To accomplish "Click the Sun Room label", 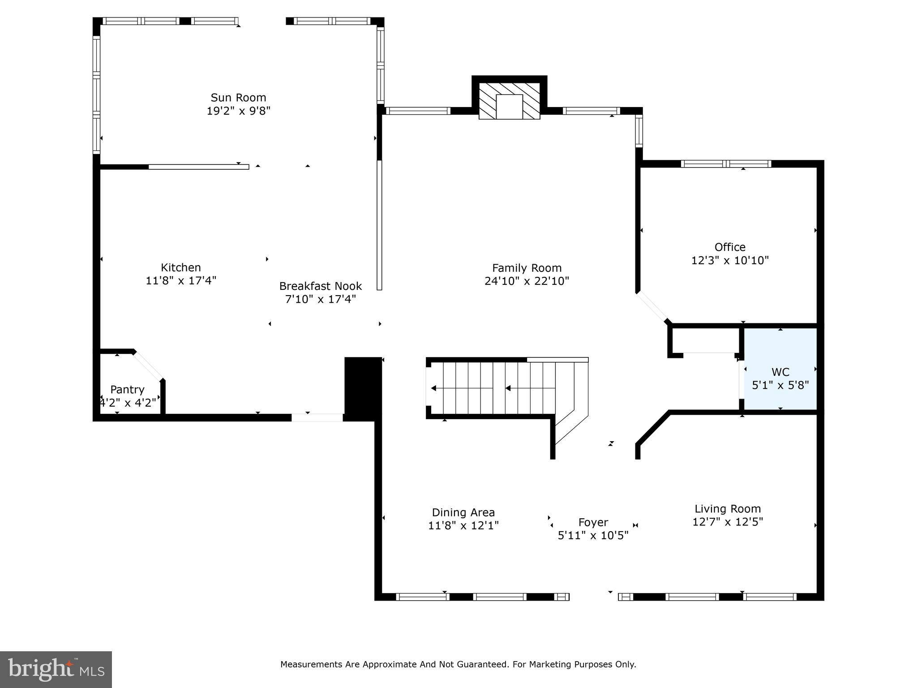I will (x=238, y=98).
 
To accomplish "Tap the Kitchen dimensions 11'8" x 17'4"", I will (x=181, y=281).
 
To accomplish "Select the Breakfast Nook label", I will (x=321, y=286).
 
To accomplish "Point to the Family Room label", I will (x=527, y=268).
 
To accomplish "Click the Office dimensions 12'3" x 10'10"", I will (x=730, y=260).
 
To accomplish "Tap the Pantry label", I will (x=127, y=390).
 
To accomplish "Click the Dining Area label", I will (x=463, y=512).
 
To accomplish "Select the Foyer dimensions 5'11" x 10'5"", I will (x=593, y=535).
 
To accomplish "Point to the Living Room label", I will (x=727, y=509).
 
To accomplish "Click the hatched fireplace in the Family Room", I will (x=509, y=101).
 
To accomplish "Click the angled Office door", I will (x=653, y=307).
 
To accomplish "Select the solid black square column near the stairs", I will (x=363, y=389).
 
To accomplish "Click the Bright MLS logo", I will (x=56, y=669).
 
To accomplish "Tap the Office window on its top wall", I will (x=725, y=164).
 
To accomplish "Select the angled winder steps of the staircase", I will (x=570, y=417).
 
